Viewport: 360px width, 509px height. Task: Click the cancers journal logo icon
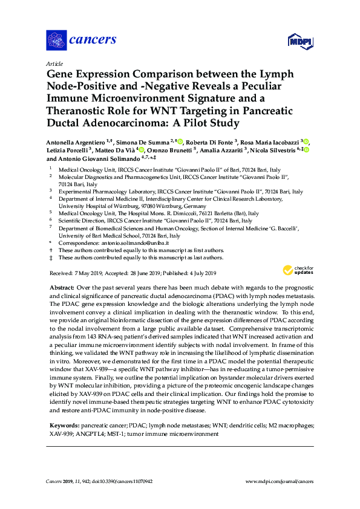point(56,40)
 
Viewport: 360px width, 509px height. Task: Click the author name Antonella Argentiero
point(76,141)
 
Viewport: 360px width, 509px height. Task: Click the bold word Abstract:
point(62,289)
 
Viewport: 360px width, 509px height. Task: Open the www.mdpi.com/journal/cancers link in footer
point(279,481)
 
